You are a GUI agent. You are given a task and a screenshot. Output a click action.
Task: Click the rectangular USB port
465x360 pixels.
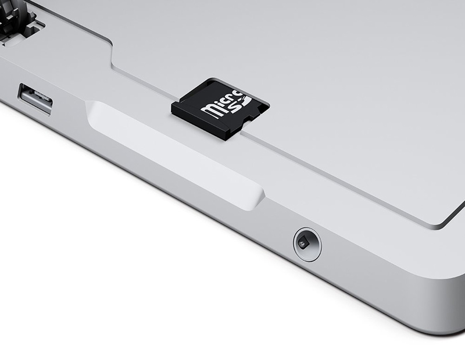pyautogui.click(x=36, y=99)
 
